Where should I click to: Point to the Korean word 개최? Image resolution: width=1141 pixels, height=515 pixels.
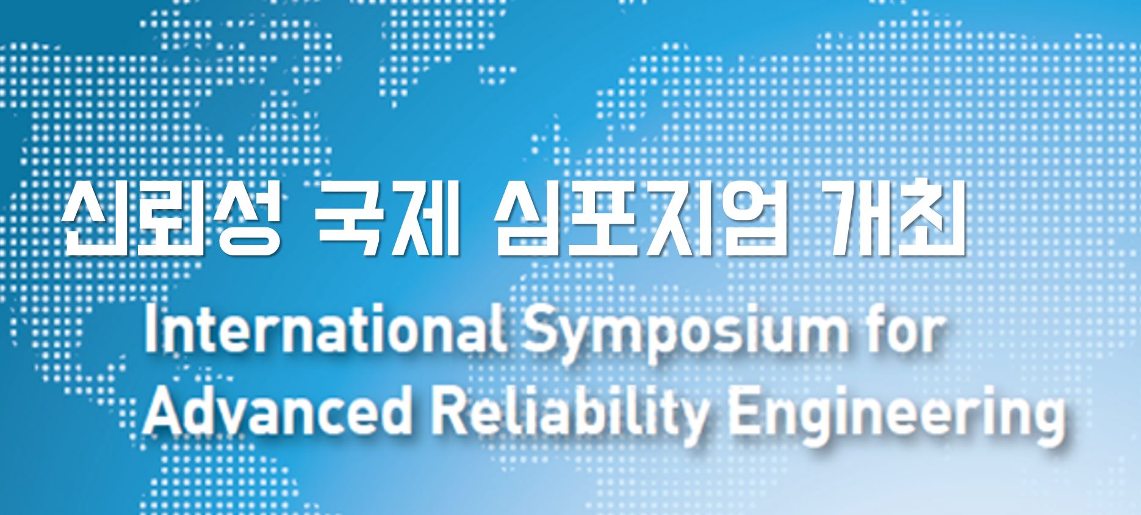(x=894, y=219)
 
